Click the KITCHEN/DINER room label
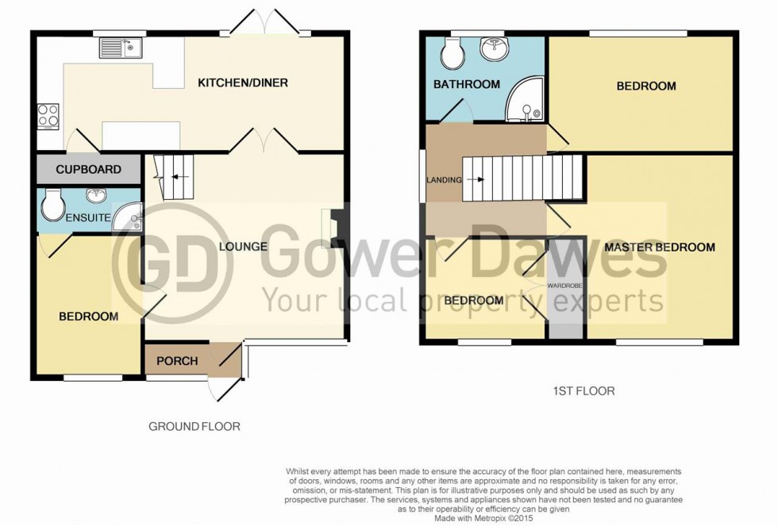click(242, 83)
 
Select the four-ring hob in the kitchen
click(48, 117)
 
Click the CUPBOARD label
click(88, 169)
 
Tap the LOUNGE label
click(242, 246)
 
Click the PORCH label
click(177, 360)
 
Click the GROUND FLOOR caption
click(194, 426)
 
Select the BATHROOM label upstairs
click(466, 84)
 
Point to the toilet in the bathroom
click(454, 53)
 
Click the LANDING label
click(443, 180)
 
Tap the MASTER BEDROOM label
click(660, 248)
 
